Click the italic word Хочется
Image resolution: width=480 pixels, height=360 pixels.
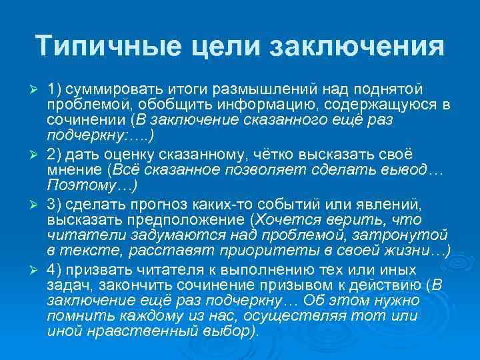click(281, 218)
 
